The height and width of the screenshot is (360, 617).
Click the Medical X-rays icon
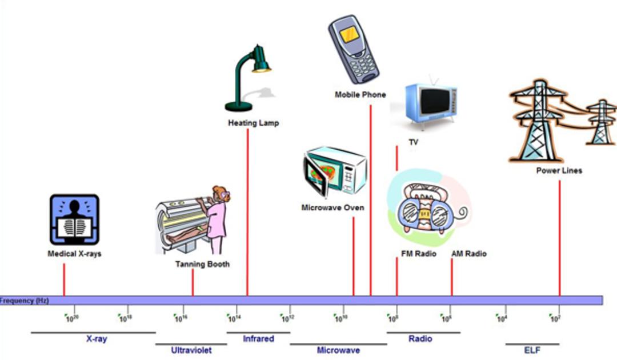coord(74,219)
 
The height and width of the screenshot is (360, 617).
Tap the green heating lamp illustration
coord(249,78)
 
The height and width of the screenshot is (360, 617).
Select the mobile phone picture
coord(354,49)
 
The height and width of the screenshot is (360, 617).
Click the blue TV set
coord(431,103)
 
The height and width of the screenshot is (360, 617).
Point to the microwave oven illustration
coord(335,171)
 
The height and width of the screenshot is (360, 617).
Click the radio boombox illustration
coord(429,207)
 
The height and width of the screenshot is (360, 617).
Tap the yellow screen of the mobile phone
coord(350,35)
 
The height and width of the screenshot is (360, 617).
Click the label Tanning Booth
coord(202,264)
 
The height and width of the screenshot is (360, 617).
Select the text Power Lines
coord(559,170)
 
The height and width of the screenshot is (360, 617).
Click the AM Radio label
coord(469,254)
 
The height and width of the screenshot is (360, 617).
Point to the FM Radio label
coord(419,254)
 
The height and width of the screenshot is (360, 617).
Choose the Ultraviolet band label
coord(191,350)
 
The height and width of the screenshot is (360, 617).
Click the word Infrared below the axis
coord(258,338)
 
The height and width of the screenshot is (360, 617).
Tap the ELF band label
coord(532,350)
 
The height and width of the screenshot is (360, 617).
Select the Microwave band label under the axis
coord(338,350)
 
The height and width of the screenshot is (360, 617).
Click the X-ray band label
coord(97,338)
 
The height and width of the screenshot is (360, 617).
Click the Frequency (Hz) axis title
coord(25,301)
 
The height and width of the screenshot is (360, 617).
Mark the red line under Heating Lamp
coord(247,212)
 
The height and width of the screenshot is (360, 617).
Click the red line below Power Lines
coord(559,238)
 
